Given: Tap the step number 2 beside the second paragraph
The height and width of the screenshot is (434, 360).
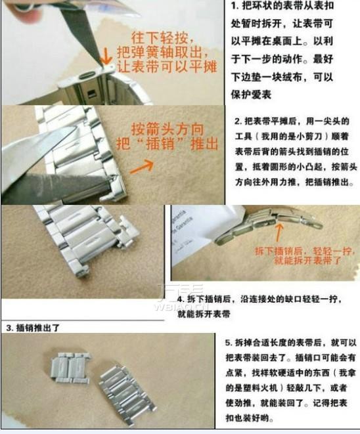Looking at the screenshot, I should [237, 121].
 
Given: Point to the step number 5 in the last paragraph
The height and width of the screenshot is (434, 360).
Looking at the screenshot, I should [228, 343].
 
